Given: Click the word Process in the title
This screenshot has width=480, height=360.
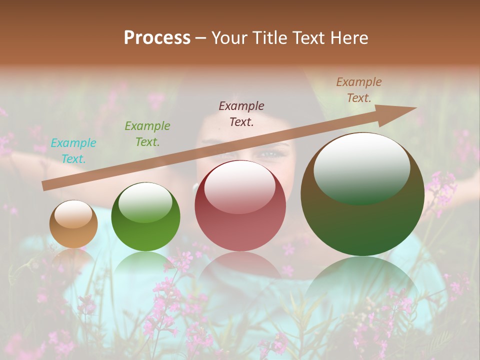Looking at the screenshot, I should [x=157, y=38].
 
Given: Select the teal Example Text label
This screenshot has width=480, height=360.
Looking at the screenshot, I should [x=73, y=151].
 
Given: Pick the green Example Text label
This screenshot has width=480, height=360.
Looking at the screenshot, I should [x=147, y=134].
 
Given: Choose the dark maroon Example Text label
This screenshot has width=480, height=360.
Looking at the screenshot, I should [x=241, y=114].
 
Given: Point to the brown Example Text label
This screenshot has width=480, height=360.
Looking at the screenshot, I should [x=359, y=90].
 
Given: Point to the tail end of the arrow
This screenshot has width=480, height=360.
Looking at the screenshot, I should [x=45, y=185].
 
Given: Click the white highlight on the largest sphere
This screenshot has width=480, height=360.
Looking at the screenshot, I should [x=362, y=167].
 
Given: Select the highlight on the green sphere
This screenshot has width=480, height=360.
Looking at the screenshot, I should [x=145, y=202].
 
